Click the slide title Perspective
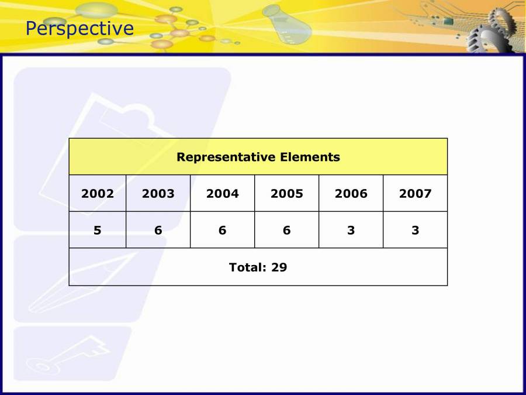click(79, 29)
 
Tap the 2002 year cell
click(97, 194)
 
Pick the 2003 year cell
click(158, 194)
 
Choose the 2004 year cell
click(223, 194)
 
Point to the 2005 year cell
click(287, 194)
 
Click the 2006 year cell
click(351, 194)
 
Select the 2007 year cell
click(416, 194)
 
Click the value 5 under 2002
click(97, 230)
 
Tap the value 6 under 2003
click(158, 230)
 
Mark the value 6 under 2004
click(223, 230)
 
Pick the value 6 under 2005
click(287, 230)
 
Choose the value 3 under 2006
click(351, 230)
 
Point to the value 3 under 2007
click(416, 230)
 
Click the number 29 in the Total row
click(279, 267)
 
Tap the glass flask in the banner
click(287, 25)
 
